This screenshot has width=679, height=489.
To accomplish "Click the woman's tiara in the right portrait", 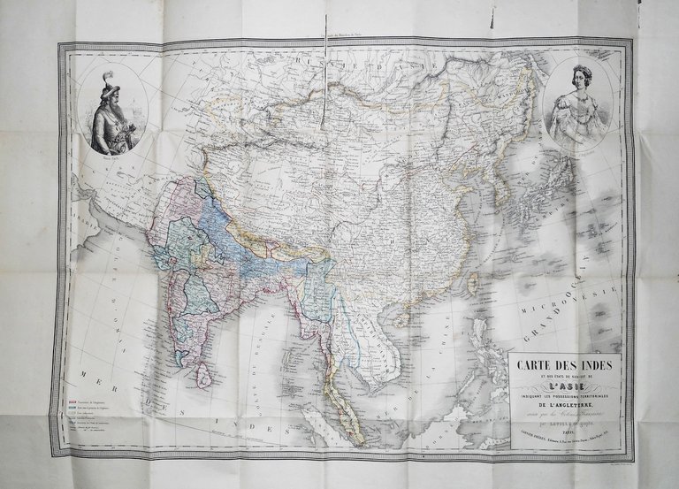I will coord(581,72).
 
